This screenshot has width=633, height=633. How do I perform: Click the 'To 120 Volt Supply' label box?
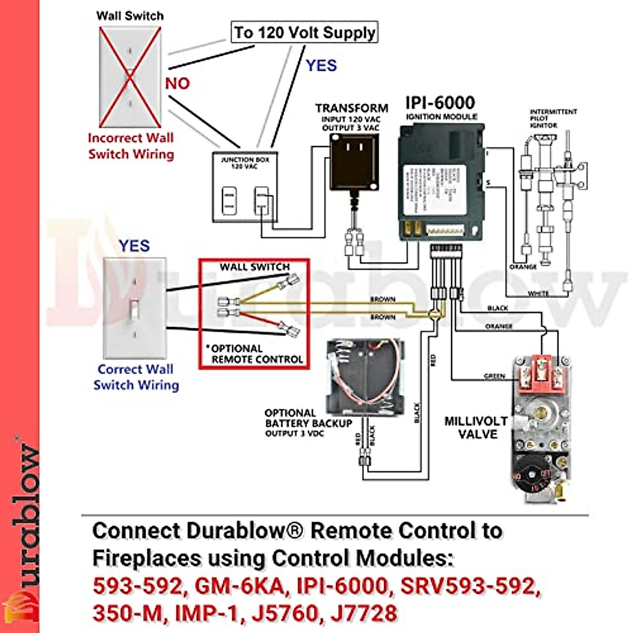coord(305,32)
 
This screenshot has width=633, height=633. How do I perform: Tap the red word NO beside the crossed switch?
coord(177,83)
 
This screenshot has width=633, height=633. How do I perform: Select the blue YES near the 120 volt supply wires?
coord(321,65)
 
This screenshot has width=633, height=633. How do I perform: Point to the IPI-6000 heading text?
coord(440,102)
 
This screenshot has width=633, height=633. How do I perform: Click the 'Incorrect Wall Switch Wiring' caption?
coord(131,146)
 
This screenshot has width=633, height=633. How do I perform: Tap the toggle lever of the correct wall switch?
coord(135,308)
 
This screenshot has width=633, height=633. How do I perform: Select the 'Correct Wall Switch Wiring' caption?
coord(136,377)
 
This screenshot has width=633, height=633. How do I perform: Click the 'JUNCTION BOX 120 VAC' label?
coord(244,162)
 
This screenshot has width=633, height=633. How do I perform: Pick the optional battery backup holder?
coord(365,376)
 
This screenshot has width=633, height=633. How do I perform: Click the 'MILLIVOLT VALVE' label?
coord(475,428)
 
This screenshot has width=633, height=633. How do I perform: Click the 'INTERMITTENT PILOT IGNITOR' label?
coord(553,119)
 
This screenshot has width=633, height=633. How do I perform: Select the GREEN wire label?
coord(494,376)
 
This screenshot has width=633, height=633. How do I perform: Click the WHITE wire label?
coord(538,293)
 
